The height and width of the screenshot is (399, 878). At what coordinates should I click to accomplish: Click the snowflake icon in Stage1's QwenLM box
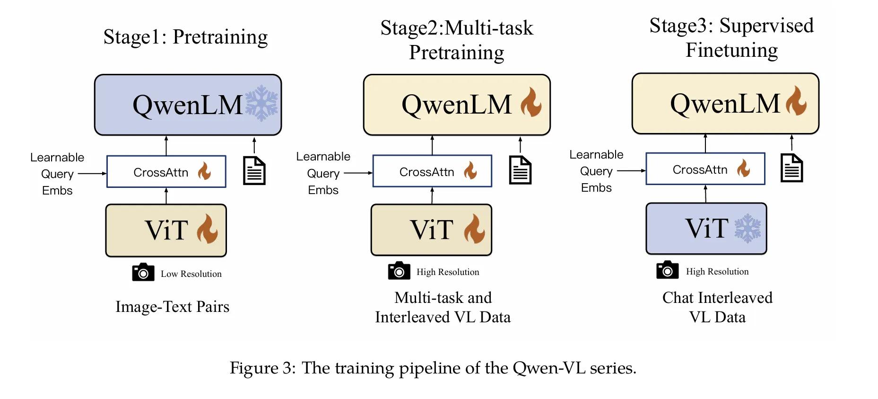(261, 103)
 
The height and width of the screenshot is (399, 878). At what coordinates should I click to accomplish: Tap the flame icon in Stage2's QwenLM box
(531, 102)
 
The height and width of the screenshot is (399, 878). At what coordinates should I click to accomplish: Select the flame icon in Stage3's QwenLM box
(797, 100)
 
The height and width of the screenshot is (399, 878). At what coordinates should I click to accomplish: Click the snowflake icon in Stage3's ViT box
(748, 229)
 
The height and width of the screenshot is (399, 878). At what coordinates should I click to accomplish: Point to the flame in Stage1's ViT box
(207, 229)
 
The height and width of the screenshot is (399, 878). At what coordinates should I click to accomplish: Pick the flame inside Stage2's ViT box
(474, 229)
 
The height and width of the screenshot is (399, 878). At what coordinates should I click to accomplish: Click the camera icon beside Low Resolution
(143, 272)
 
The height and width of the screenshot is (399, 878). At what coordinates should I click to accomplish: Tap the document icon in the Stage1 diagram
(254, 170)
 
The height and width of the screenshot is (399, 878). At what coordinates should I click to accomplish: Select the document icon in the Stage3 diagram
(792, 168)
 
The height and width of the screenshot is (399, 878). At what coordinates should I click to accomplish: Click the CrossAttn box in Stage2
(432, 171)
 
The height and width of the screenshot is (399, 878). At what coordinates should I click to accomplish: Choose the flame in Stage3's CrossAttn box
(744, 168)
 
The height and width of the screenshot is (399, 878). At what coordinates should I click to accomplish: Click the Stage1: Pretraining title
(185, 37)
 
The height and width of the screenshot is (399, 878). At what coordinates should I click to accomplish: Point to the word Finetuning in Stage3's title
(731, 50)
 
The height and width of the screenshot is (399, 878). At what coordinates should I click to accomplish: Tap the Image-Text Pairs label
(173, 307)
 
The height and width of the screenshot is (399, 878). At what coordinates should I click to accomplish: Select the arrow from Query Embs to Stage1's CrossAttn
(92, 174)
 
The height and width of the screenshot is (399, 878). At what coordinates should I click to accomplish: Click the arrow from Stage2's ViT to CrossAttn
(432, 195)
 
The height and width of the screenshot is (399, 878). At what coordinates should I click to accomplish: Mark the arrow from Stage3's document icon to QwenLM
(792, 142)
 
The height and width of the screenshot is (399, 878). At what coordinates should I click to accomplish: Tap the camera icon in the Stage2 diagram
(399, 271)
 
